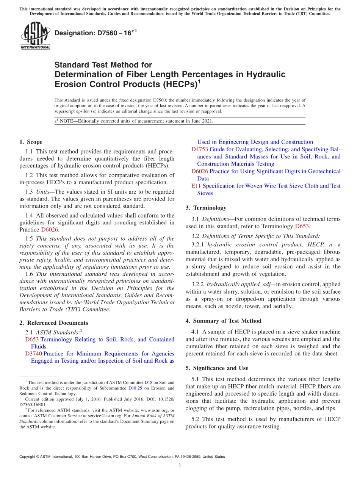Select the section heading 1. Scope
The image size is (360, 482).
[31, 142]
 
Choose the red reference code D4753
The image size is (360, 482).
[200, 149]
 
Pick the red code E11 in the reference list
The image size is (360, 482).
[196, 186]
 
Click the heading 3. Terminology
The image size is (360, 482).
[206, 208]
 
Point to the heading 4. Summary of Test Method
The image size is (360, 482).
[223, 321]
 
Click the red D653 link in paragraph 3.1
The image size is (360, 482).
[302, 226]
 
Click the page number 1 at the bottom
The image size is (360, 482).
[180, 465]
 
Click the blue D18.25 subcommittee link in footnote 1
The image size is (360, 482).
[135, 388]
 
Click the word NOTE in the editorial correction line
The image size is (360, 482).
[67, 121]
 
